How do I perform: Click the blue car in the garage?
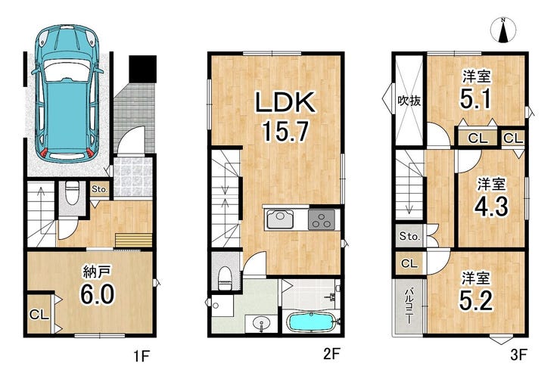[x=67, y=93]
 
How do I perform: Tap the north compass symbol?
[x=502, y=30]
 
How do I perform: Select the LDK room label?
[x=285, y=102]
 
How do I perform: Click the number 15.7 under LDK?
[x=285, y=131]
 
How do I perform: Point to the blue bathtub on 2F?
[x=310, y=322]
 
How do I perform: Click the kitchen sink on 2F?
[x=280, y=219]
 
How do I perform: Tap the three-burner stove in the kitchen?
[x=322, y=219]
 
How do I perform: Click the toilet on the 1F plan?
[x=73, y=193]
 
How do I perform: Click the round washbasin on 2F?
[x=261, y=324]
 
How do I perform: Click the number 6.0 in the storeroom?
[x=97, y=294]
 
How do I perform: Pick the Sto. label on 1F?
[x=99, y=189]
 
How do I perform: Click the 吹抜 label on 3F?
[x=409, y=101]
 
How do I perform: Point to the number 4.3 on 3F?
[x=491, y=207]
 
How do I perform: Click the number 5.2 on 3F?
[x=476, y=300]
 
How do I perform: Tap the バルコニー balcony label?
[x=409, y=306]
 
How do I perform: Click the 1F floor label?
[x=141, y=356]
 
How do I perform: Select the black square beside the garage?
[x=143, y=69]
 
